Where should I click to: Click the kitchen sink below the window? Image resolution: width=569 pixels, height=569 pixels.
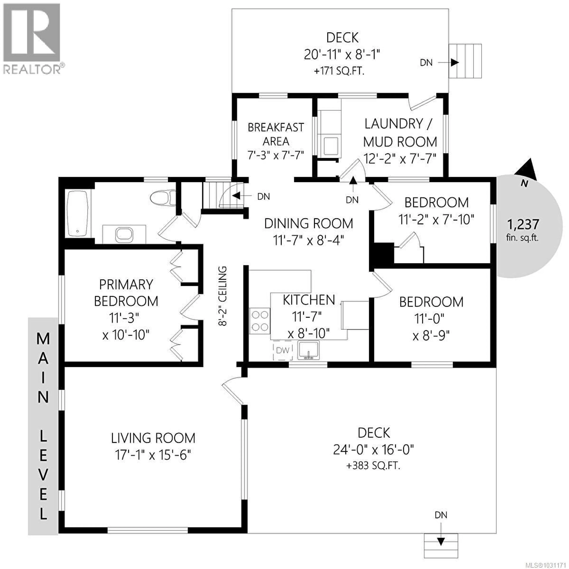(x=308, y=350)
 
